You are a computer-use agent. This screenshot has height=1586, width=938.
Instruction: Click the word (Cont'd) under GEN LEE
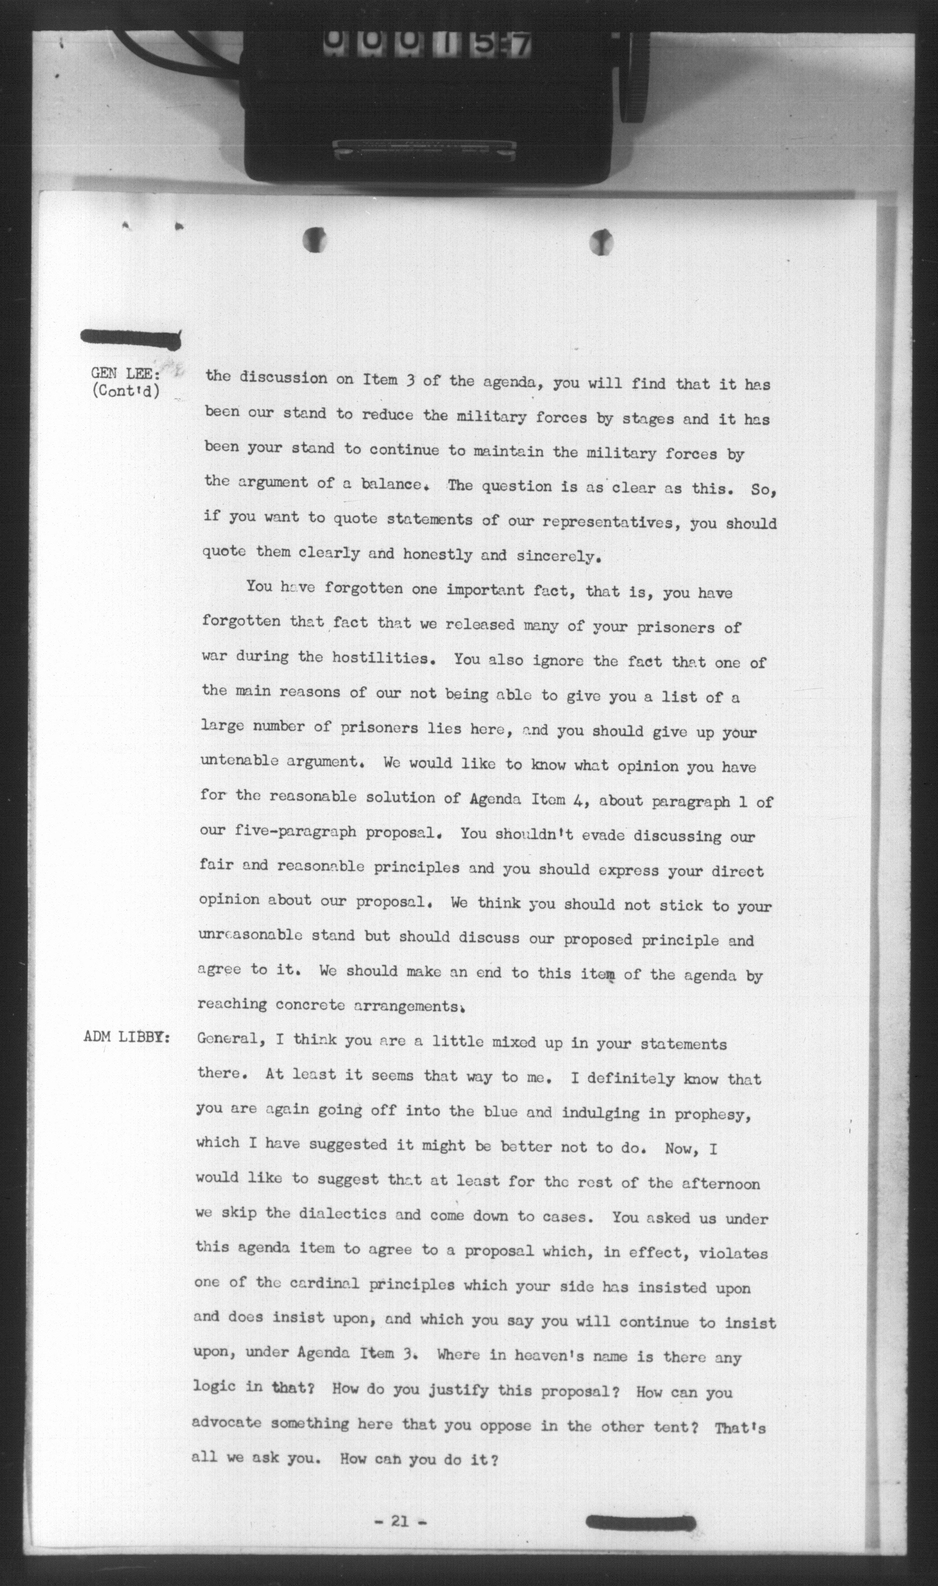(x=125, y=391)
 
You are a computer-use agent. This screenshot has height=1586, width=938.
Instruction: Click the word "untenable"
(x=238, y=761)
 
